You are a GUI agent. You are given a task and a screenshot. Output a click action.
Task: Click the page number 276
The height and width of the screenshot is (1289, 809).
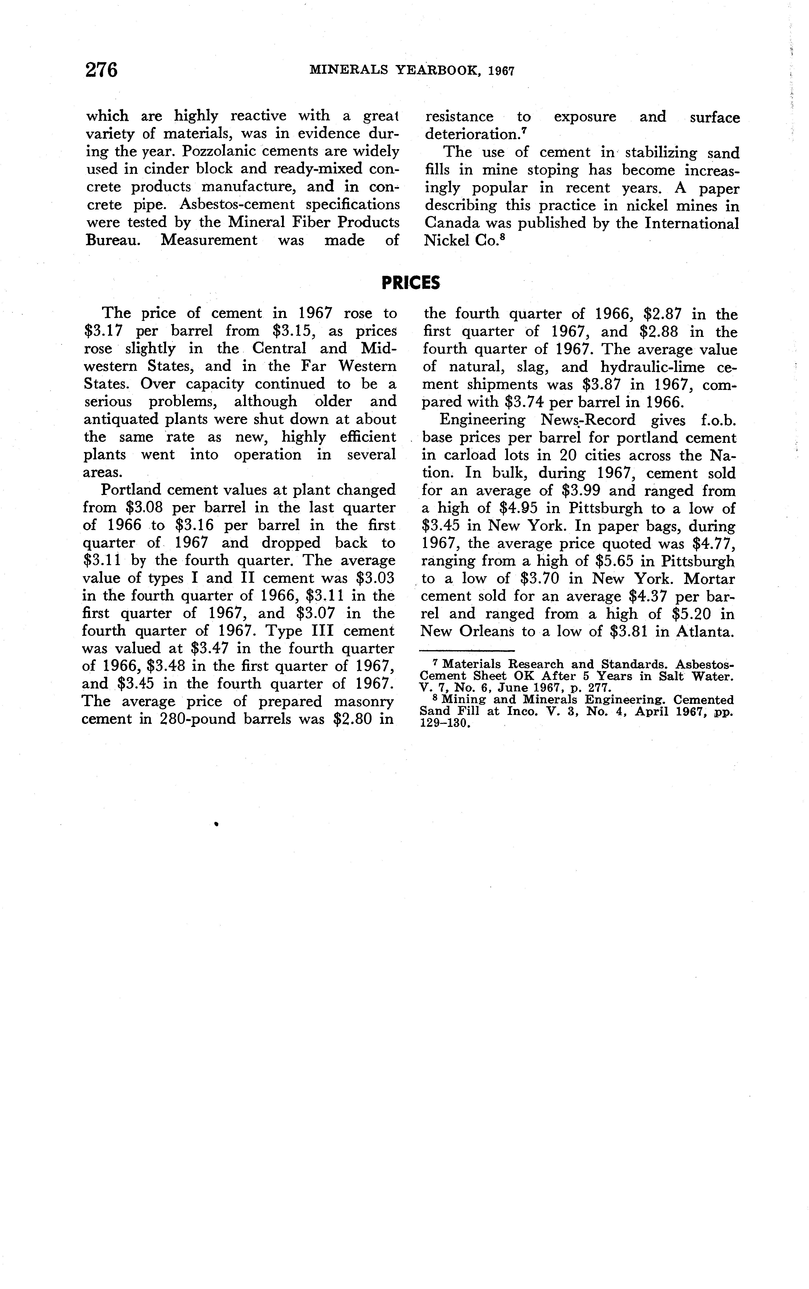coord(102,70)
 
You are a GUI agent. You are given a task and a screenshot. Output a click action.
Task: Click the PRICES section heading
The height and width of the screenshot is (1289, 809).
coord(411,282)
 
